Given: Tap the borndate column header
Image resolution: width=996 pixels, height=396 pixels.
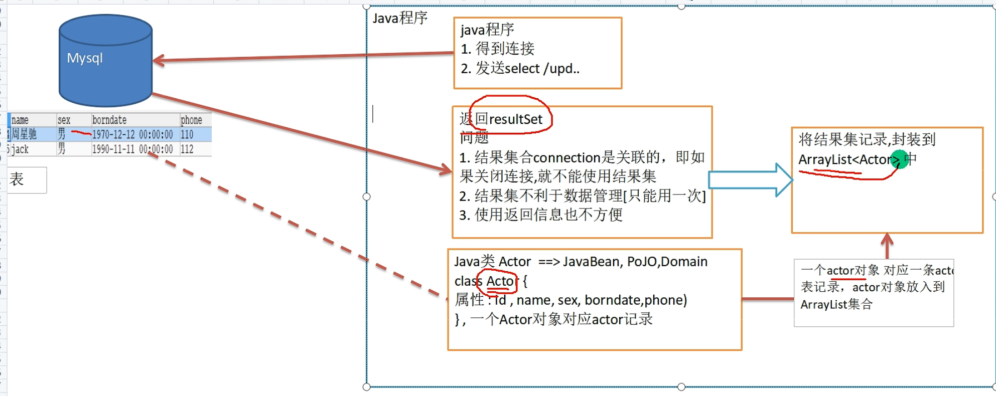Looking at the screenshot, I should [109, 120].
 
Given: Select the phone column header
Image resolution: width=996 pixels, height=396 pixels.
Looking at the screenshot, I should [191, 120].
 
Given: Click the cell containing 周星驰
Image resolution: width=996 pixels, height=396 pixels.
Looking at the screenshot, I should [24, 134].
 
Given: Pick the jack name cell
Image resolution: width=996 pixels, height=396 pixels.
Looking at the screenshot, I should [20, 149].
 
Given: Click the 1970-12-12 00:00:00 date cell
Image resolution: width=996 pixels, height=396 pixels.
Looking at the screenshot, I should [132, 134].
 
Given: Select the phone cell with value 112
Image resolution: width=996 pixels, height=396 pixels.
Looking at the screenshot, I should [187, 149].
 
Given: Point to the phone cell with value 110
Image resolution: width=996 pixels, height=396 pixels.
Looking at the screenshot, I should [187, 134].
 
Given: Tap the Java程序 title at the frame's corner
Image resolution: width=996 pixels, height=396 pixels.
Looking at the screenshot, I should [400, 18].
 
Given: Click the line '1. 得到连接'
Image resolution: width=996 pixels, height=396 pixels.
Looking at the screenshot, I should [498, 49].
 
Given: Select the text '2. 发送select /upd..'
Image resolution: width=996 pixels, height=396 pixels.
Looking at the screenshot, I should [520, 68].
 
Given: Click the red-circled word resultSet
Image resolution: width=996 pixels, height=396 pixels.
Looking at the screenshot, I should [516, 119].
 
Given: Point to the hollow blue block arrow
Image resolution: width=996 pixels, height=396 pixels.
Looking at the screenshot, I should [751, 180].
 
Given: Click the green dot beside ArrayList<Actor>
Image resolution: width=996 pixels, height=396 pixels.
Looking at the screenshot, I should [900, 159].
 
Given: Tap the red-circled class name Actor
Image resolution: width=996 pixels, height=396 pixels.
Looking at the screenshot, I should [500, 281].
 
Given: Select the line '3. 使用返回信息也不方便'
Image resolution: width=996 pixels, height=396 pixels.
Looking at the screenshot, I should [541, 215].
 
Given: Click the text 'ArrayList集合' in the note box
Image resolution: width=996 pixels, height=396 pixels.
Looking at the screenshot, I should [836, 304].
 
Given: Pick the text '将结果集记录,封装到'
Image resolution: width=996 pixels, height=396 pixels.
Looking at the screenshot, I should [867, 139].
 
